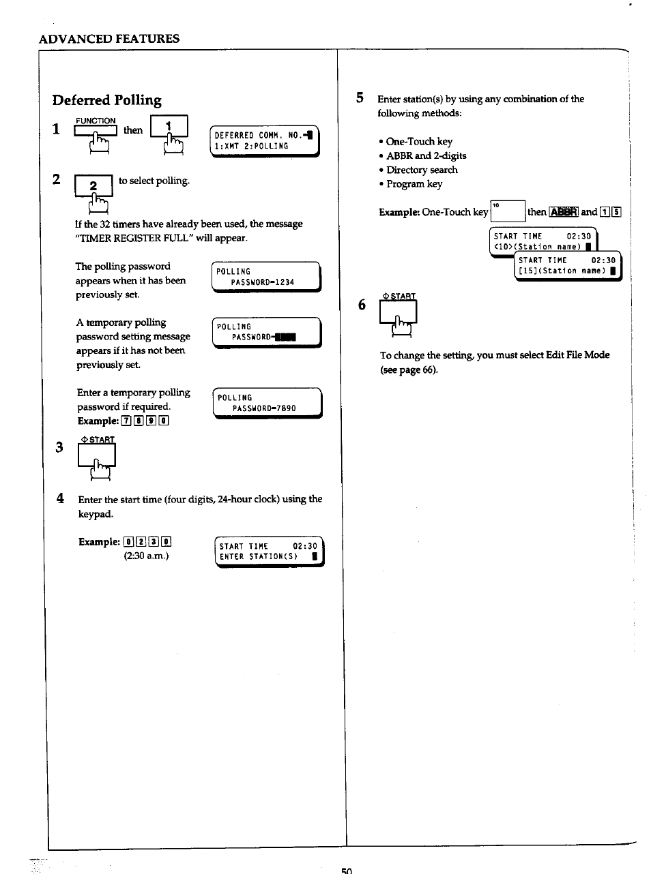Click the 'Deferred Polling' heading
point(107,100)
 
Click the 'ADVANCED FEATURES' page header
point(109,39)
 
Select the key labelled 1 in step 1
point(169,127)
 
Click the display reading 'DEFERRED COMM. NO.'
point(264,141)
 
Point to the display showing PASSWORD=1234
point(265,277)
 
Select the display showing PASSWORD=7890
point(267,403)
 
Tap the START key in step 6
point(398,312)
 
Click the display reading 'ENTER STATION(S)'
point(269,552)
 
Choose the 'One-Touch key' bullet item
point(418,142)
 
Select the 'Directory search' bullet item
point(421,170)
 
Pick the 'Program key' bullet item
point(414,184)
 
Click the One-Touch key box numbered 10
point(507,211)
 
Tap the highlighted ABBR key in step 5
point(564,212)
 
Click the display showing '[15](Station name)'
point(567,266)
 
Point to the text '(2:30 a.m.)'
point(146,556)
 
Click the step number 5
point(360,98)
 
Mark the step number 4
point(61,498)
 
